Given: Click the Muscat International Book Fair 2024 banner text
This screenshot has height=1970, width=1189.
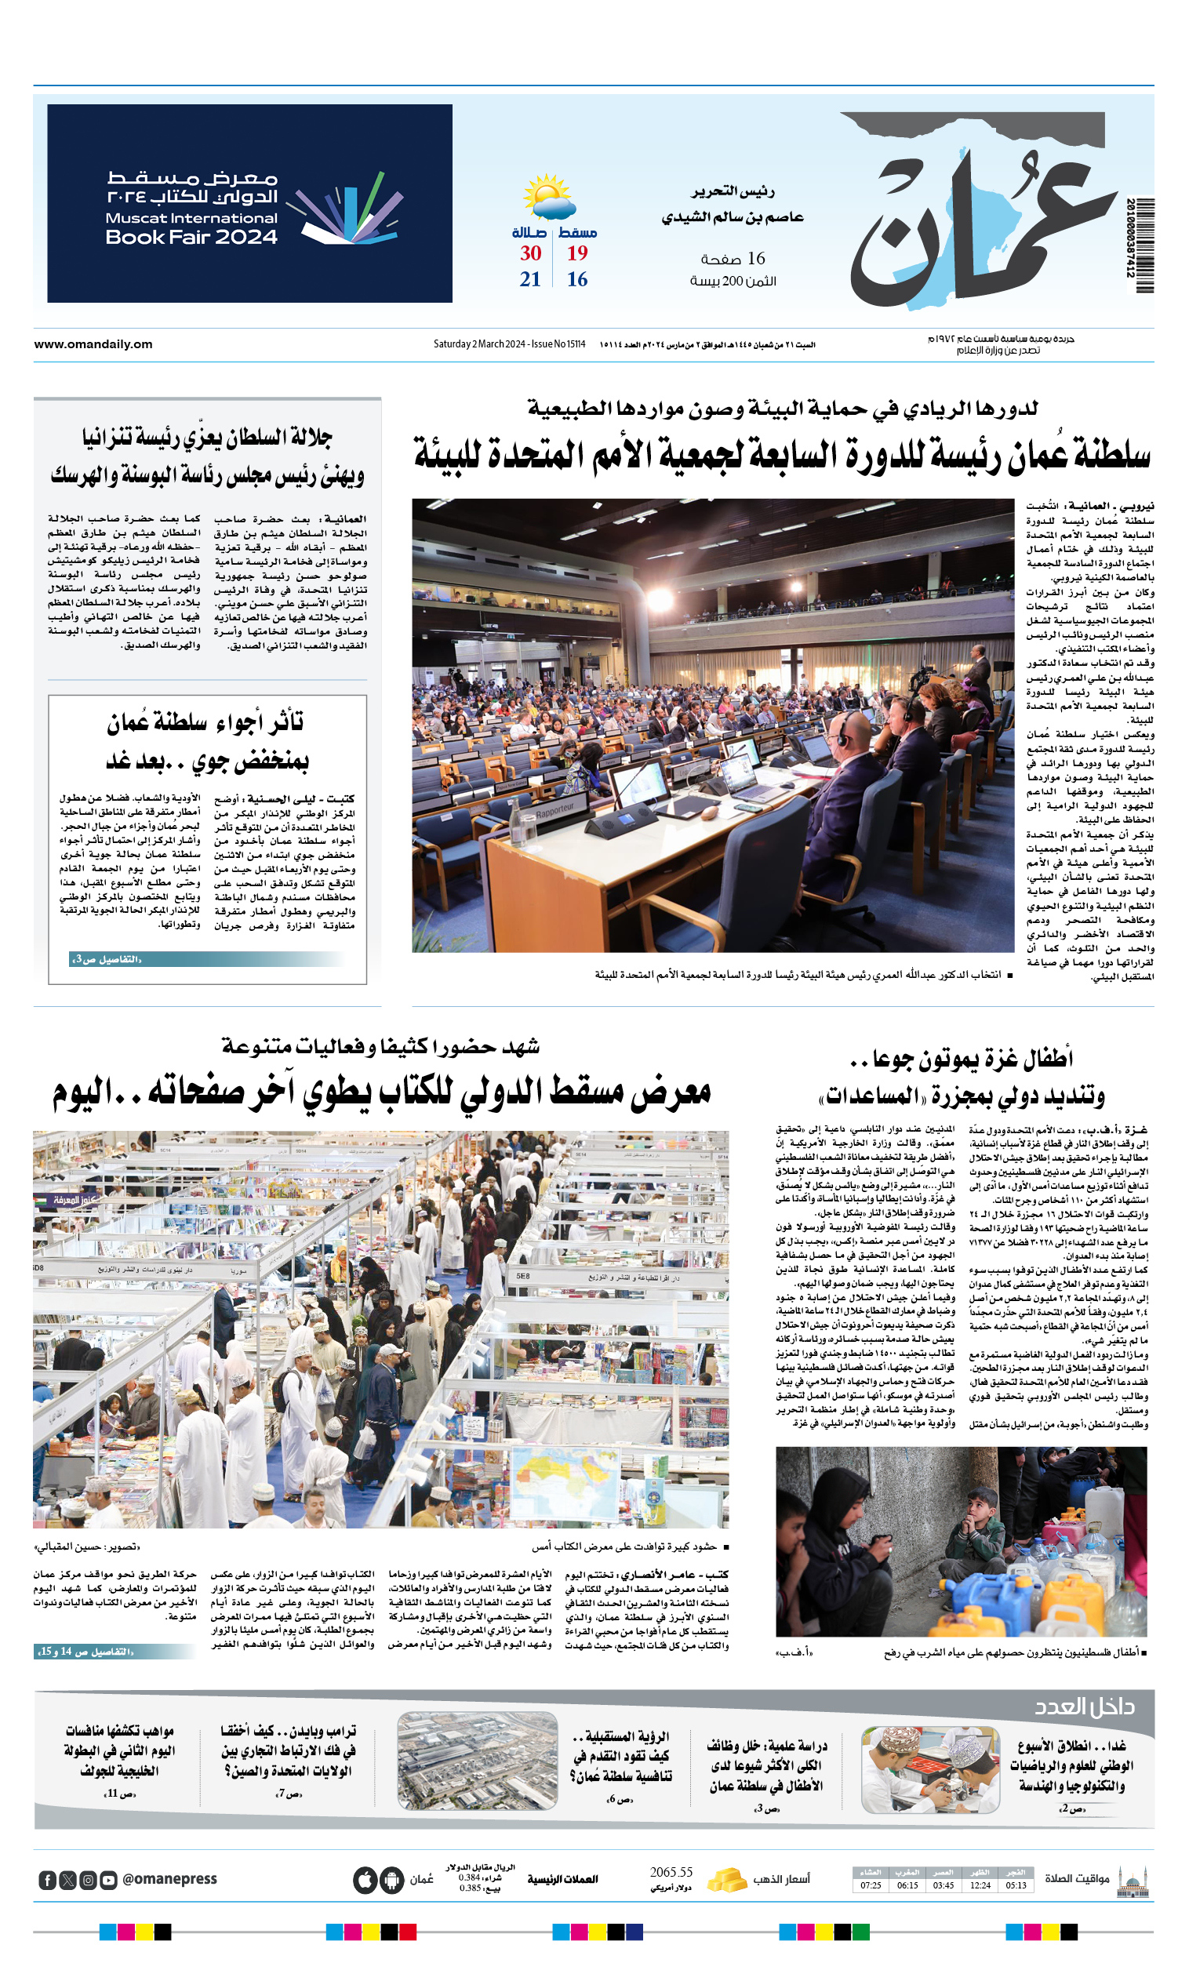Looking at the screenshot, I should tap(192, 207).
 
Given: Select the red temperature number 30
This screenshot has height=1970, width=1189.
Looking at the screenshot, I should tap(530, 253).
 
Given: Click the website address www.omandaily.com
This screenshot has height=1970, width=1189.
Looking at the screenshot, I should tap(93, 344).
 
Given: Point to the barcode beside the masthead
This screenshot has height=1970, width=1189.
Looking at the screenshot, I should tap(1140, 245).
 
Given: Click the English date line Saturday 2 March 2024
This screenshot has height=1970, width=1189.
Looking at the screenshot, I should tap(509, 344).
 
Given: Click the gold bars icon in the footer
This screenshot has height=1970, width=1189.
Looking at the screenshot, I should tap(727, 1880).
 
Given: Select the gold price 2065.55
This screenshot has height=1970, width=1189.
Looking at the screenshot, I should tap(671, 1873).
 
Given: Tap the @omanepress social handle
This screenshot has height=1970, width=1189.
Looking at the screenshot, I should tap(169, 1880).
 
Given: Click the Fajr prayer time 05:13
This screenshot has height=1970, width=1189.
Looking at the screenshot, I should tap(1016, 1885).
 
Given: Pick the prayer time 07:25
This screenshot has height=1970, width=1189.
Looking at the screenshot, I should tap(871, 1885).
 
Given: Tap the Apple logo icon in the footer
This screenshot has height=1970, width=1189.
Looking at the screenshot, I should tap(365, 1880).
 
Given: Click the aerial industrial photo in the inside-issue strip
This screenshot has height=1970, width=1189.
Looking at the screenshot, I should tap(477, 1761).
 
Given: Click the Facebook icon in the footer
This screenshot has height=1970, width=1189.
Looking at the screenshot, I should tap(47, 1881).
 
